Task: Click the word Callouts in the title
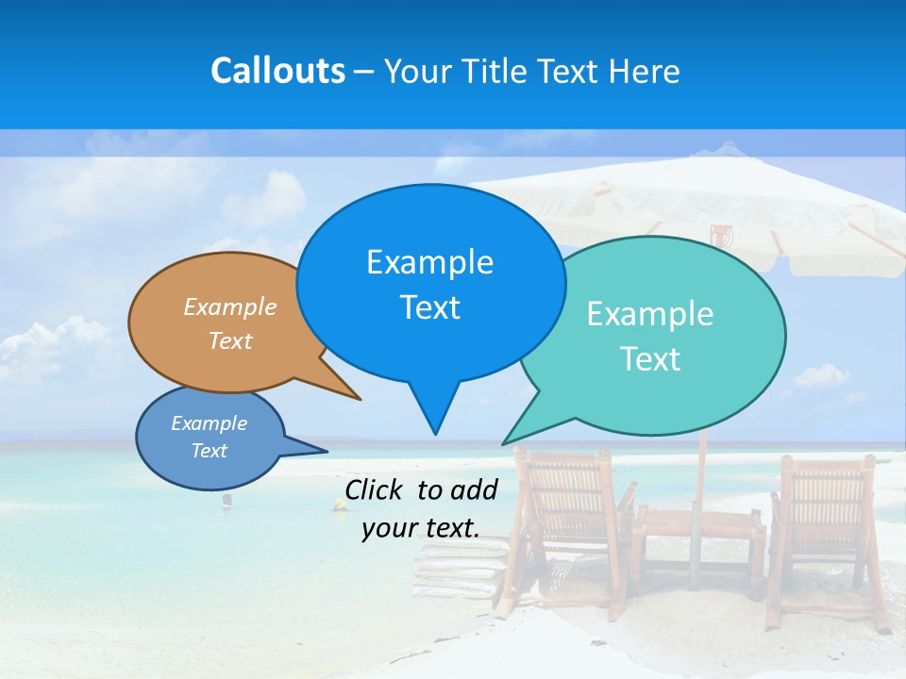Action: [x=277, y=71]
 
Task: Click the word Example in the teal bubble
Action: [x=650, y=314]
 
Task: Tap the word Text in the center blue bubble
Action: [x=430, y=307]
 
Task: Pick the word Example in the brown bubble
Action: [x=230, y=306]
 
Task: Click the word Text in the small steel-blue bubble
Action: [x=210, y=451]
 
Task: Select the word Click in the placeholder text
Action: [x=376, y=489]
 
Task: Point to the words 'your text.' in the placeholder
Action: [x=421, y=528]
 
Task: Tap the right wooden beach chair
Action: [x=821, y=528]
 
